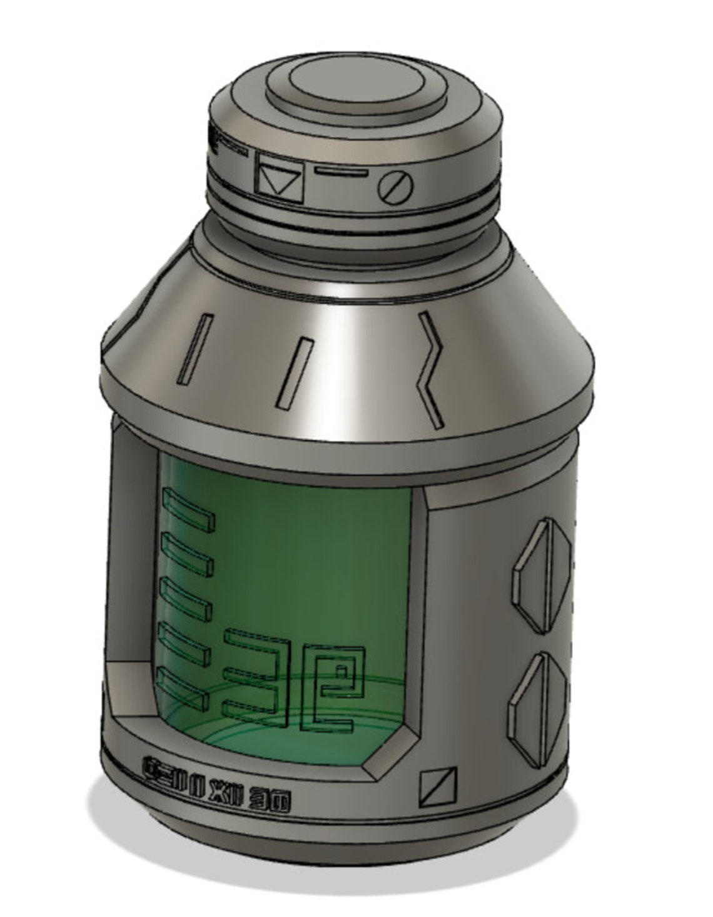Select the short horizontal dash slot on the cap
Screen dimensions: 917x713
click(x=341, y=170)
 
